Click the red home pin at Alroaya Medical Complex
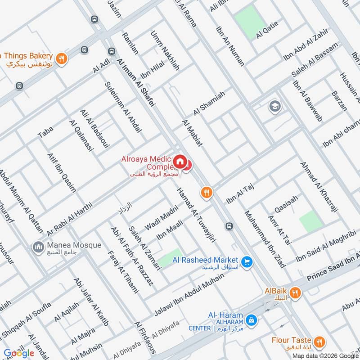click(x=180, y=162)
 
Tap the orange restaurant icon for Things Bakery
click(x=62, y=57)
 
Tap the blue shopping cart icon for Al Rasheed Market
click(x=246, y=261)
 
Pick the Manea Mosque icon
click(x=37, y=247)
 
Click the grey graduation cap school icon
click(x=273, y=107)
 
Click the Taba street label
click(x=45, y=131)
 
